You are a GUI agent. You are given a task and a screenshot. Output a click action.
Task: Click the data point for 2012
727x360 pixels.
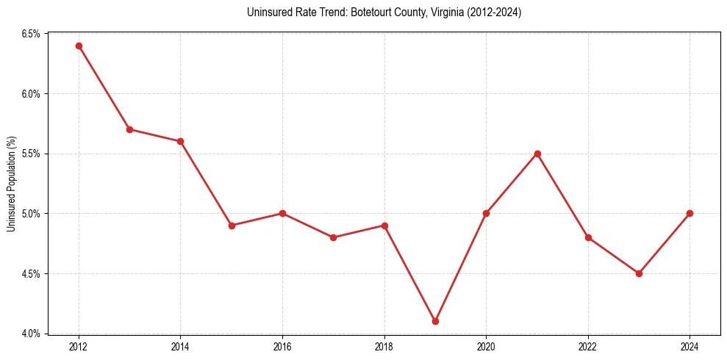pos(79,46)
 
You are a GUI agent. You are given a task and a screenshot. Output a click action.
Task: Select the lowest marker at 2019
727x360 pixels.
pos(435,321)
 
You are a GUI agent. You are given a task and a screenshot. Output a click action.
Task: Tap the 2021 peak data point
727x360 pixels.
pos(537,154)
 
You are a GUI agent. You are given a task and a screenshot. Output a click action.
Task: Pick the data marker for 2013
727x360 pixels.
pos(129,129)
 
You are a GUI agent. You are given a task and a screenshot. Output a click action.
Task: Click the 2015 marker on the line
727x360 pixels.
pos(232,226)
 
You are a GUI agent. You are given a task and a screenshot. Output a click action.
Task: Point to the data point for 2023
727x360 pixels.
pos(639,273)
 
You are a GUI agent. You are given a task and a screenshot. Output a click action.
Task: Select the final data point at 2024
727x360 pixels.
pos(690,213)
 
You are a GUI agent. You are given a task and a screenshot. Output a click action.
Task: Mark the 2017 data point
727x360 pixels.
pos(333,237)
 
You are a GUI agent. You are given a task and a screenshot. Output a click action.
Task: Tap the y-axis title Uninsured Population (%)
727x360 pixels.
pos(11,184)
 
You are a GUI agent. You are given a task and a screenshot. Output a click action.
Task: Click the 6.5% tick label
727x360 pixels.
pos(30,34)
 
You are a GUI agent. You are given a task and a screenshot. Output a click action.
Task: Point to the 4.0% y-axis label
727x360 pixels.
pos(30,334)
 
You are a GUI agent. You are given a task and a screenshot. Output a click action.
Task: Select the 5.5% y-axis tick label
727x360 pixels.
pos(30,154)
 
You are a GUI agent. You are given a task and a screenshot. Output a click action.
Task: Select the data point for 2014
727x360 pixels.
pos(180,141)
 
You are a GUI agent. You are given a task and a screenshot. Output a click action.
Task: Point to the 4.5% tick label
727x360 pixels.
pos(30,273)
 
